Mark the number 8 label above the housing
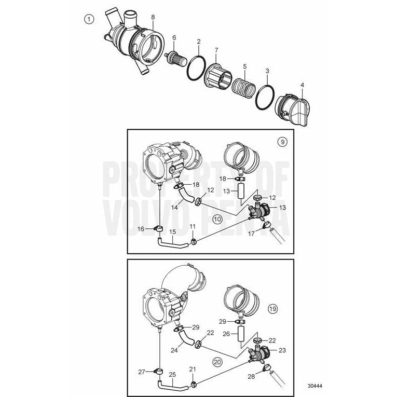(x=153, y=17)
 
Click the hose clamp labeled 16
(x=157, y=229)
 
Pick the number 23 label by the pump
(x=282, y=350)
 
